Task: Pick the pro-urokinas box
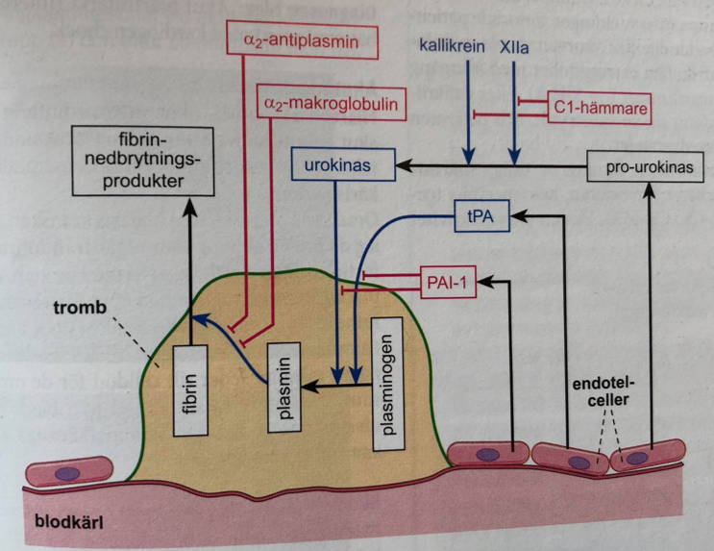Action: coord(650,167)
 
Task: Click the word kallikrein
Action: coord(451,45)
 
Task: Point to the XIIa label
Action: coord(515,45)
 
